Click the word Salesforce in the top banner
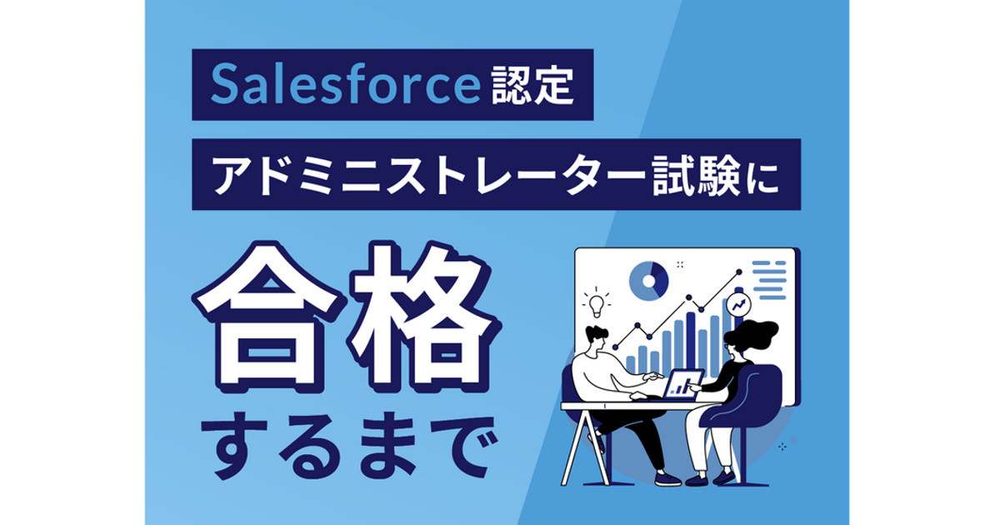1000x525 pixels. click(x=345, y=84)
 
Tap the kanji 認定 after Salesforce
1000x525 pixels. click(x=532, y=85)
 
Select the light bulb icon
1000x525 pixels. click(x=597, y=302)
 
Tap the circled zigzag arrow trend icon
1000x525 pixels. click(x=738, y=305)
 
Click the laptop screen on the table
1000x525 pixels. click(x=683, y=384)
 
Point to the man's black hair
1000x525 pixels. click(x=597, y=334)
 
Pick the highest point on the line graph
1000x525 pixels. click(x=739, y=272)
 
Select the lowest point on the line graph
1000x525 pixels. click(x=616, y=347)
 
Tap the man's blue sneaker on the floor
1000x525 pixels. click(x=667, y=479)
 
